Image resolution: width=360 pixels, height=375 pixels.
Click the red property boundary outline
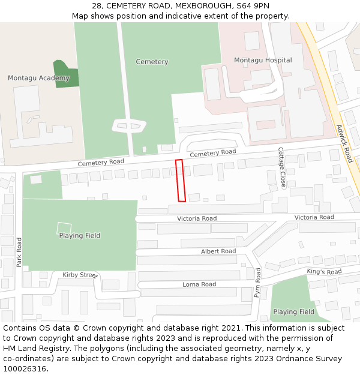(x=180, y=180)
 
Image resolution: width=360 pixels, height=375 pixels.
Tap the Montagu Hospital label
(x=263, y=60)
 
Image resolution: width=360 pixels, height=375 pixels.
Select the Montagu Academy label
(x=38, y=78)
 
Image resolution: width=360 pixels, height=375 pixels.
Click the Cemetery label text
(x=152, y=62)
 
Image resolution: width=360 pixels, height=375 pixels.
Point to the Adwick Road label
(x=344, y=143)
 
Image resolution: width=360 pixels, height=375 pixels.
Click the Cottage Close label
(x=281, y=167)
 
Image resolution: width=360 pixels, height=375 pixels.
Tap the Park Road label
(x=19, y=252)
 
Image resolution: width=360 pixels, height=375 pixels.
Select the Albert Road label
(x=218, y=251)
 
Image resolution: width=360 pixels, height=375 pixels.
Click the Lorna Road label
(x=199, y=284)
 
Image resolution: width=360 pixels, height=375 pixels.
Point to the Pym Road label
(x=257, y=283)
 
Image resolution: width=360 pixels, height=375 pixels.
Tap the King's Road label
(x=324, y=272)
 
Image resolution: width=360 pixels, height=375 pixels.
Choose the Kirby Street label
(x=80, y=275)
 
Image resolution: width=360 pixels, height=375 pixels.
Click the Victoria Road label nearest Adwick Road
(x=314, y=217)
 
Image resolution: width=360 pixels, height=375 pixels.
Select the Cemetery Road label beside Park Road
(x=101, y=163)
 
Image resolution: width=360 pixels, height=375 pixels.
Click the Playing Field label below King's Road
(x=293, y=312)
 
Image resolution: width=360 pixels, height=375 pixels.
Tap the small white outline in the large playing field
(x=64, y=229)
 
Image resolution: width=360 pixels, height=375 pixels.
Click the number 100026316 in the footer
(x=25, y=369)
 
